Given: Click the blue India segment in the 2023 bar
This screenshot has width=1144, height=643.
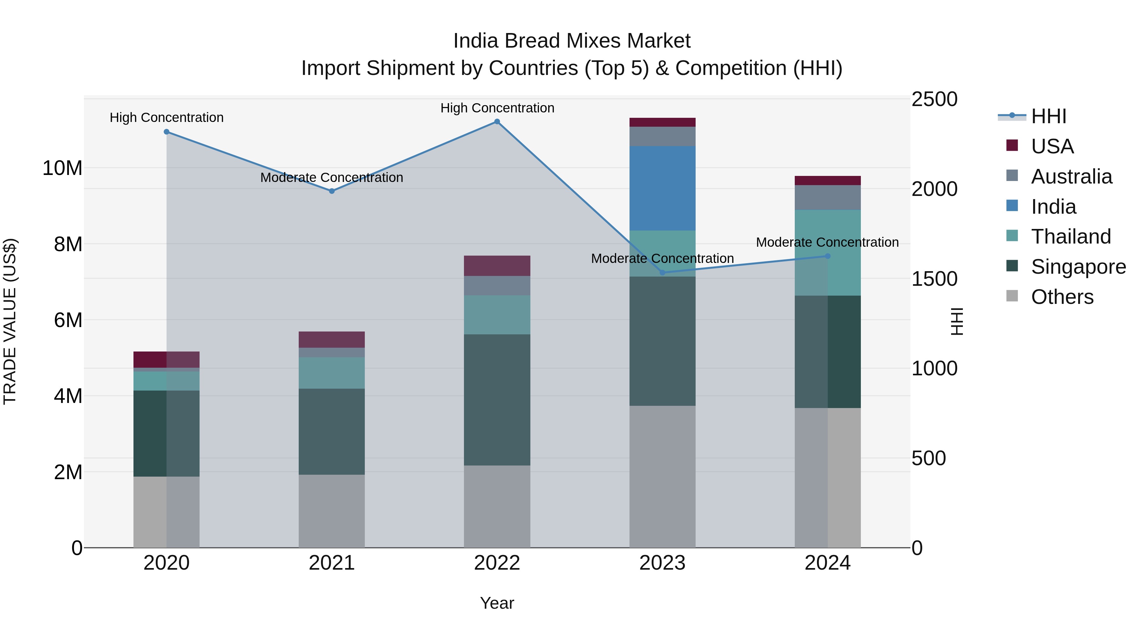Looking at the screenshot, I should coord(662,188).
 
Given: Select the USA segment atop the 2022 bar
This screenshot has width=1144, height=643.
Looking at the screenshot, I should coord(497,265).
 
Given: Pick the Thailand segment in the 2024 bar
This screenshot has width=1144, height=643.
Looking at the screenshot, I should coord(827,252).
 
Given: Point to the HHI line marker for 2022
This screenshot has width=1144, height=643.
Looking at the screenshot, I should coord(497,122).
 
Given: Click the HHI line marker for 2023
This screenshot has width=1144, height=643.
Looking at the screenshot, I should coord(662,272).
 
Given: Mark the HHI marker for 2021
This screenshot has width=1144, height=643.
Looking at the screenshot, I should coord(331,191).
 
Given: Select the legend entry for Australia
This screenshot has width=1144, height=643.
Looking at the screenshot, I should coord(1071,177).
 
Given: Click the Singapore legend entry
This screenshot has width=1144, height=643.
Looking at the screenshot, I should coord(1078,267).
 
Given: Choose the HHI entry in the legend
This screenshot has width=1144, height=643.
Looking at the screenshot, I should coord(1048,116).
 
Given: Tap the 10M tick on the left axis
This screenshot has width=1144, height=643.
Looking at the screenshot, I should coord(62,168).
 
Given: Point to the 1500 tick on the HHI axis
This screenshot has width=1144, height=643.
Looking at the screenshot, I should coord(934,279).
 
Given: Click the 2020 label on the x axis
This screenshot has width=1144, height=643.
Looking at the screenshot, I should coord(167,563).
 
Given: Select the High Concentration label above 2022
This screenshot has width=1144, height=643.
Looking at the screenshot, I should coord(497,108).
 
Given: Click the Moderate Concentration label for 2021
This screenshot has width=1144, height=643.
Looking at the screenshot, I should coord(331,177).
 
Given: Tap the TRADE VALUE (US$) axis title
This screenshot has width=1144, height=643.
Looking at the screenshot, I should coord(10,321).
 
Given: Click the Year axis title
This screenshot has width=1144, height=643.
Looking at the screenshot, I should coord(497,603).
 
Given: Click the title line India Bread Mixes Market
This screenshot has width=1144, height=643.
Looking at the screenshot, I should coord(572,41).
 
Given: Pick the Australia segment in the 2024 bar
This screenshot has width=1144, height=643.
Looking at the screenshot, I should coord(827,198).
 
